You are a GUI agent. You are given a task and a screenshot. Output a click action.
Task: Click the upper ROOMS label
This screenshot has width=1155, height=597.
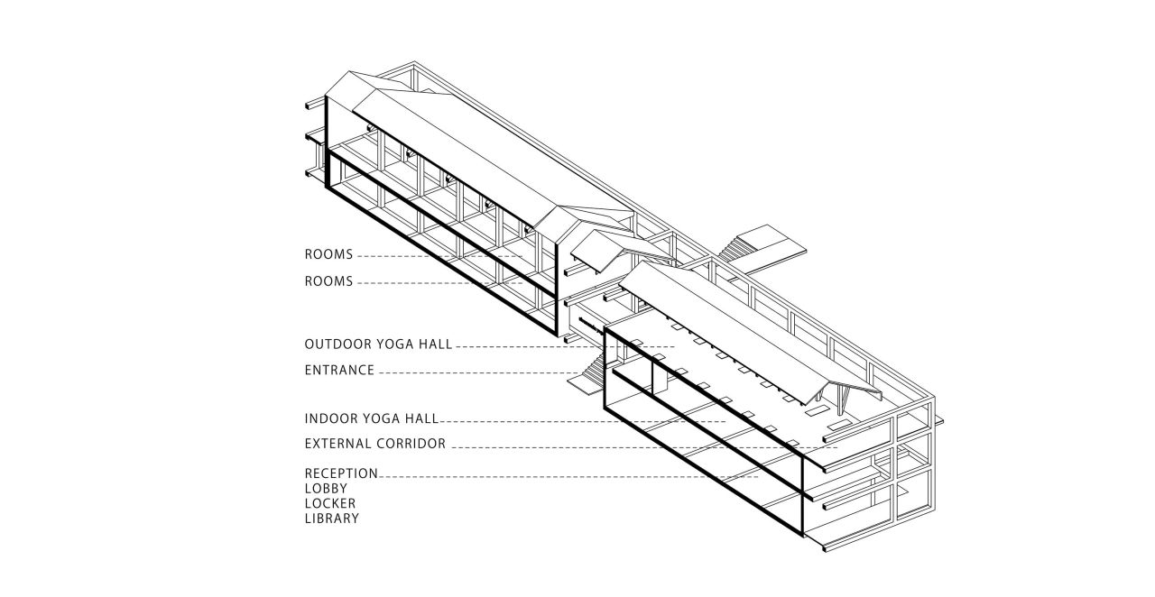click(x=328, y=255)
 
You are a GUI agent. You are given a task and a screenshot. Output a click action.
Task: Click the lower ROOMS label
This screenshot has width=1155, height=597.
click(x=328, y=281)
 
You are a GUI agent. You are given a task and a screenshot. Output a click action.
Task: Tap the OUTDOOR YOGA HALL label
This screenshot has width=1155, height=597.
click(x=378, y=344)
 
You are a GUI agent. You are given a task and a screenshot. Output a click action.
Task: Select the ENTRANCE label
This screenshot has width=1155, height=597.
click(x=339, y=370)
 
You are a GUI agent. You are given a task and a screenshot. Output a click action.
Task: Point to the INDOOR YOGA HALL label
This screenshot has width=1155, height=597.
click(x=371, y=419)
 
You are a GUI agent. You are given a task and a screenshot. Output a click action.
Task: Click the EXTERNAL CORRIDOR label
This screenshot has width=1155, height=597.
click(x=375, y=444)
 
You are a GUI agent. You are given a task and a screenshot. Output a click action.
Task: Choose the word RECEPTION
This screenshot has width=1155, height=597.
click(x=341, y=473)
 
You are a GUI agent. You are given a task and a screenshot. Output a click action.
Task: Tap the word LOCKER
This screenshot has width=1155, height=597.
click(x=329, y=503)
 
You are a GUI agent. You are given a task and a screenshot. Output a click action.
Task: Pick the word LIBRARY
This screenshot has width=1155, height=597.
click(x=331, y=519)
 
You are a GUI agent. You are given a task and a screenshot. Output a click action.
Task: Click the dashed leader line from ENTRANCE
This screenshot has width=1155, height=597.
click(x=478, y=371)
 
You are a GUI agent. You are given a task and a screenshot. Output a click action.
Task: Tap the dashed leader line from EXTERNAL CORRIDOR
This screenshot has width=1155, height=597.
click(x=632, y=445)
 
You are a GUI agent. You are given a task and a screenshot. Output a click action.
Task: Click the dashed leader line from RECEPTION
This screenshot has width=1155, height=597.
click(x=559, y=475)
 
